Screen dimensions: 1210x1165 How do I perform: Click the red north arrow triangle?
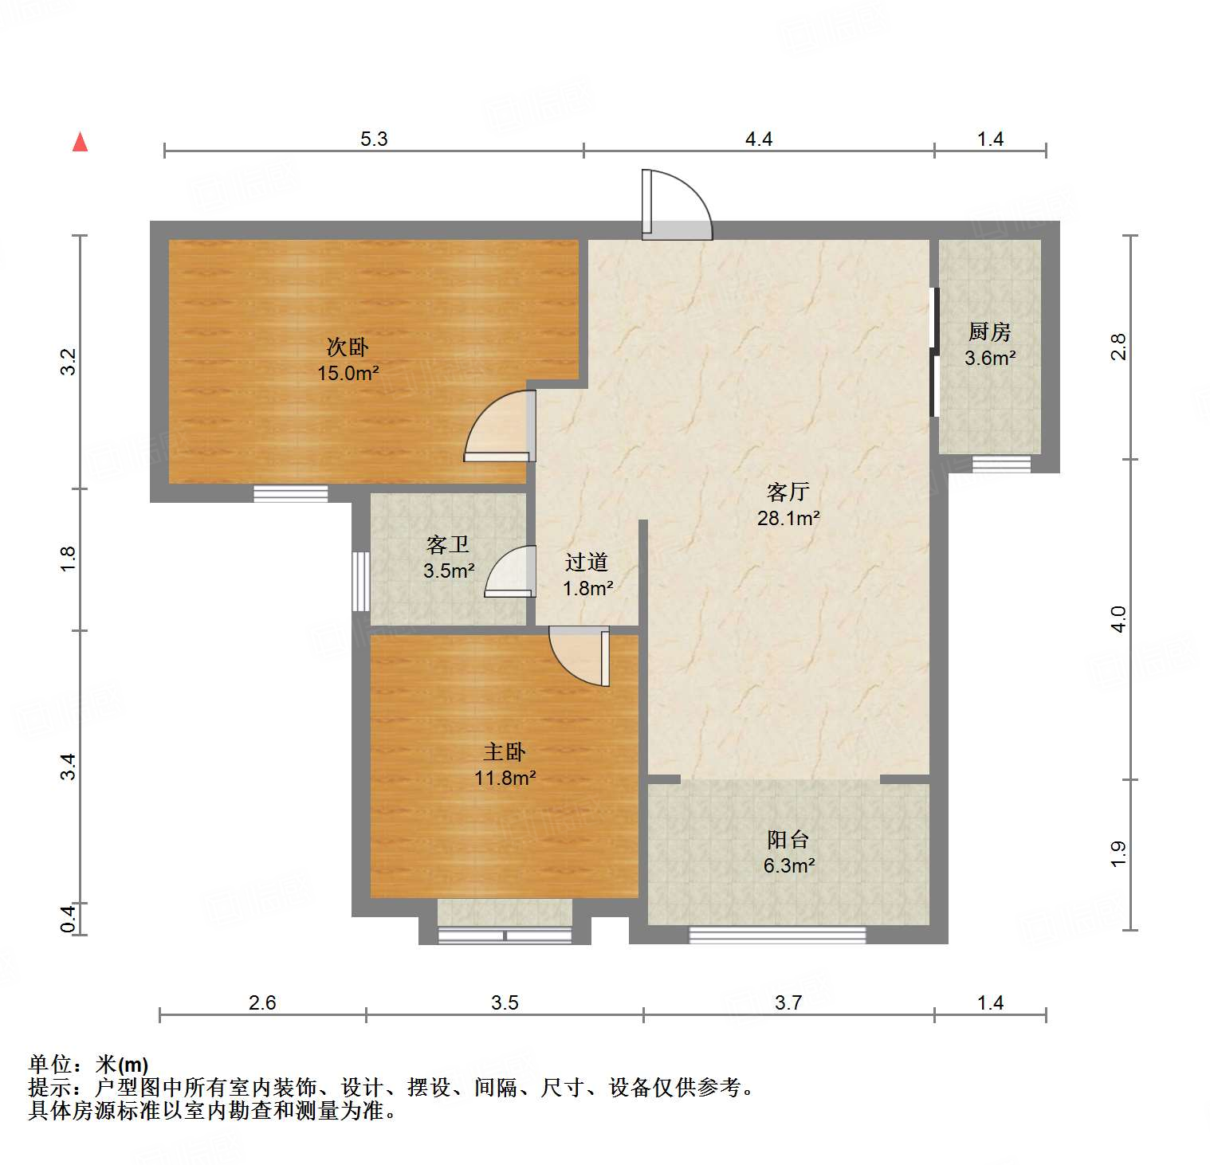pyautogui.click(x=80, y=142)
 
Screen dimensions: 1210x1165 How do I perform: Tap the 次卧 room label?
pyautogui.click(x=348, y=347)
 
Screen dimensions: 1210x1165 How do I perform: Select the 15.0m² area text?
pyautogui.click(x=348, y=373)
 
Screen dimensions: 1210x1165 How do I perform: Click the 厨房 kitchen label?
pyautogui.click(x=990, y=331)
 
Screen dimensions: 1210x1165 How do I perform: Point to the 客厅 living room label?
pyautogui.click(x=788, y=492)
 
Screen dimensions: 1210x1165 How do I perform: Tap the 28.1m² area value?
pyautogui.click(x=788, y=518)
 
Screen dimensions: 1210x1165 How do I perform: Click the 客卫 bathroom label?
pyautogui.click(x=448, y=545)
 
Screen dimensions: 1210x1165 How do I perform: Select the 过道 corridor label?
pyautogui.click(x=587, y=562)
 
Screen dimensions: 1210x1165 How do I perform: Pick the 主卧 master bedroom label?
pyautogui.click(x=505, y=751)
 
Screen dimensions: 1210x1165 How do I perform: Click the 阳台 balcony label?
pyautogui.click(x=788, y=839)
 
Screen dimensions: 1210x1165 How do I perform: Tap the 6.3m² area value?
pyautogui.click(x=788, y=865)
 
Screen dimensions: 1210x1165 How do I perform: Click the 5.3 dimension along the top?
pyautogui.click(x=374, y=139)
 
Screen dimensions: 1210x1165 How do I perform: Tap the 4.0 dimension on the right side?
pyautogui.click(x=1118, y=619)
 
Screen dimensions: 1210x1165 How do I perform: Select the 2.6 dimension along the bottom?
pyautogui.click(x=262, y=1002)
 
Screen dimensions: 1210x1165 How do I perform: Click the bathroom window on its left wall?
pyautogui.click(x=360, y=581)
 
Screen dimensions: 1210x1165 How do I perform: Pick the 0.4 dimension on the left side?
pyautogui.click(x=69, y=919)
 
